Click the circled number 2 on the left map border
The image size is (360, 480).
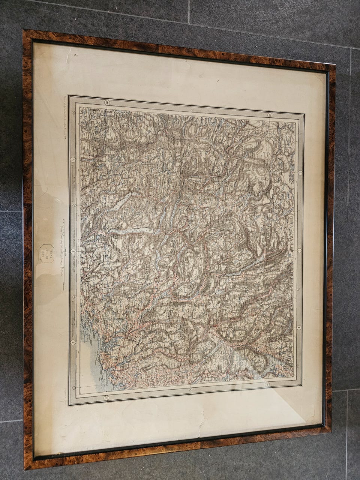point(73,251)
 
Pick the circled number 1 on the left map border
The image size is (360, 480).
point(73,342)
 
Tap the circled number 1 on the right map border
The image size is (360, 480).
point(299,327)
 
